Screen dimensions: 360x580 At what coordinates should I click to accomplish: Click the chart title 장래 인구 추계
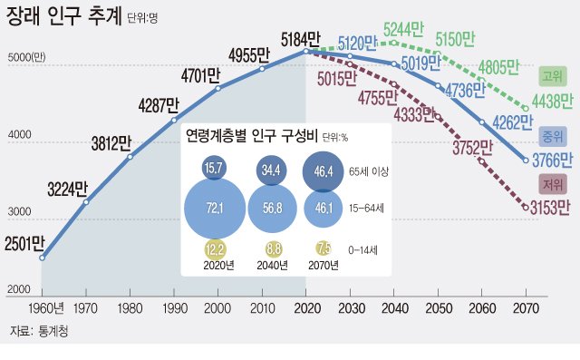(63, 16)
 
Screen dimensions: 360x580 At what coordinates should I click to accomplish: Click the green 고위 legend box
(552, 75)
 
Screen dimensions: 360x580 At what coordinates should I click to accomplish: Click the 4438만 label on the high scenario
(550, 99)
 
